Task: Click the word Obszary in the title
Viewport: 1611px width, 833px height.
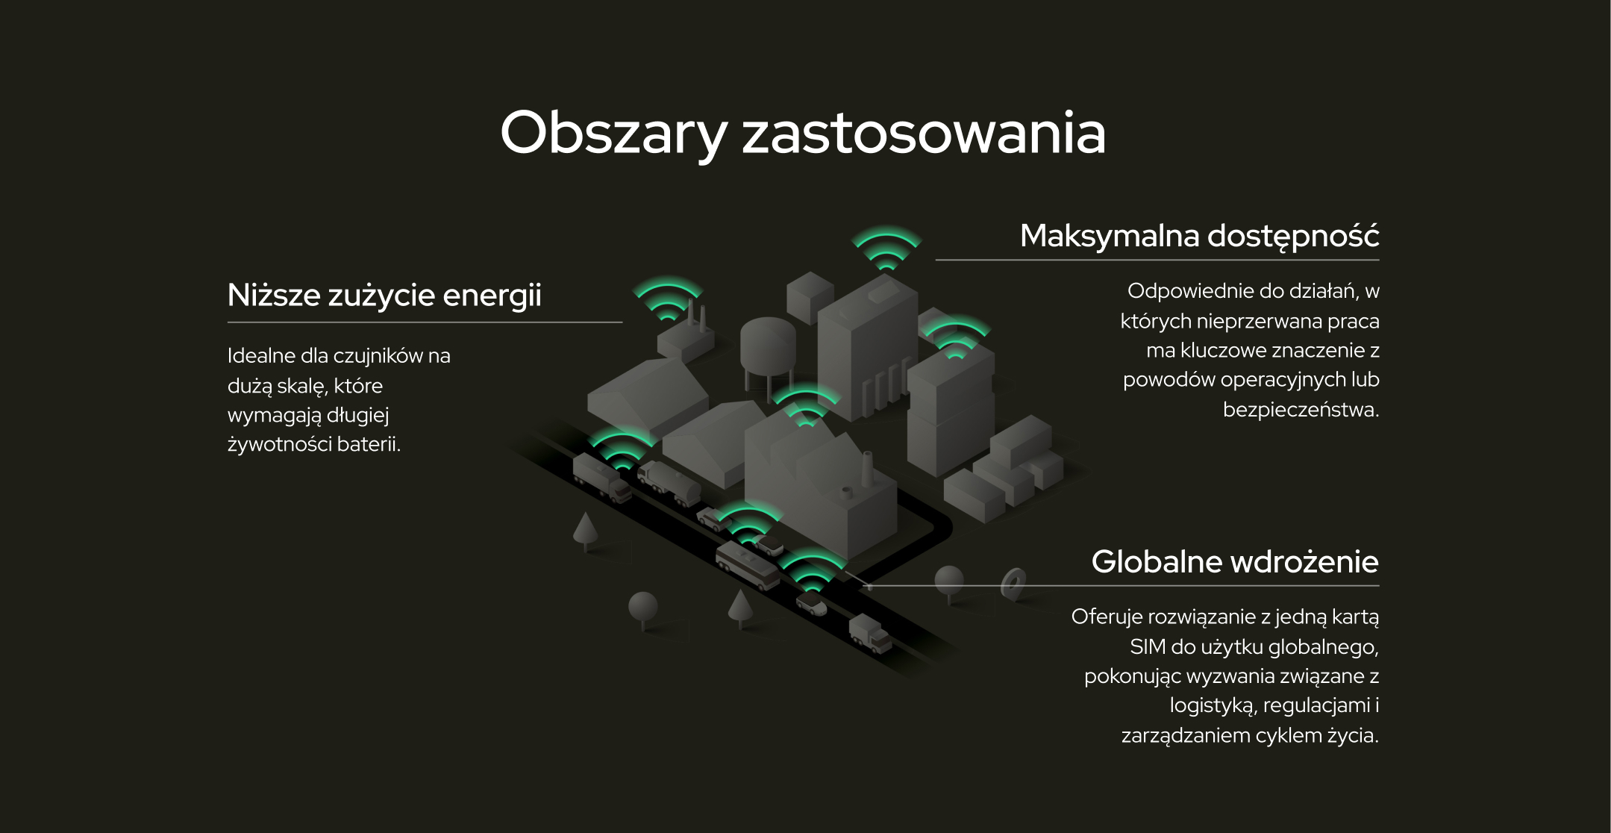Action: point(613,134)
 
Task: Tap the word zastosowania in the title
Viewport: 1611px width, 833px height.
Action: point(924,134)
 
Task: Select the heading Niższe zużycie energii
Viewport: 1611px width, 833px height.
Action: point(384,296)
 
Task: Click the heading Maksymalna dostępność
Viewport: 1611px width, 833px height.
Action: point(1199,237)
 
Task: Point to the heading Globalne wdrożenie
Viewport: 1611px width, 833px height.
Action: point(1235,561)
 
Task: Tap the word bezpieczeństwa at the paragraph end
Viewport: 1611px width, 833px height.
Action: point(1301,410)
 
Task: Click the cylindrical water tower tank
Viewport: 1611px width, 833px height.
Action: point(767,346)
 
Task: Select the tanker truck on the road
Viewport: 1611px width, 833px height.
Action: point(669,483)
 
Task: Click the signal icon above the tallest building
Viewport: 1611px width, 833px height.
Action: point(886,247)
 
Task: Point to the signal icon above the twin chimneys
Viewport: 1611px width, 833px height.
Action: point(668,299)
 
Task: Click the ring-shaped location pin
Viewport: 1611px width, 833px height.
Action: point(1014,584)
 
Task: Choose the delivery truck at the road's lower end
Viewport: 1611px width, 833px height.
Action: point(870,633)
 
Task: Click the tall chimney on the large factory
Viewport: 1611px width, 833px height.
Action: point(867,469)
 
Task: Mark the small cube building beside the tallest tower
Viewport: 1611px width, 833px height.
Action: point(810,296)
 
